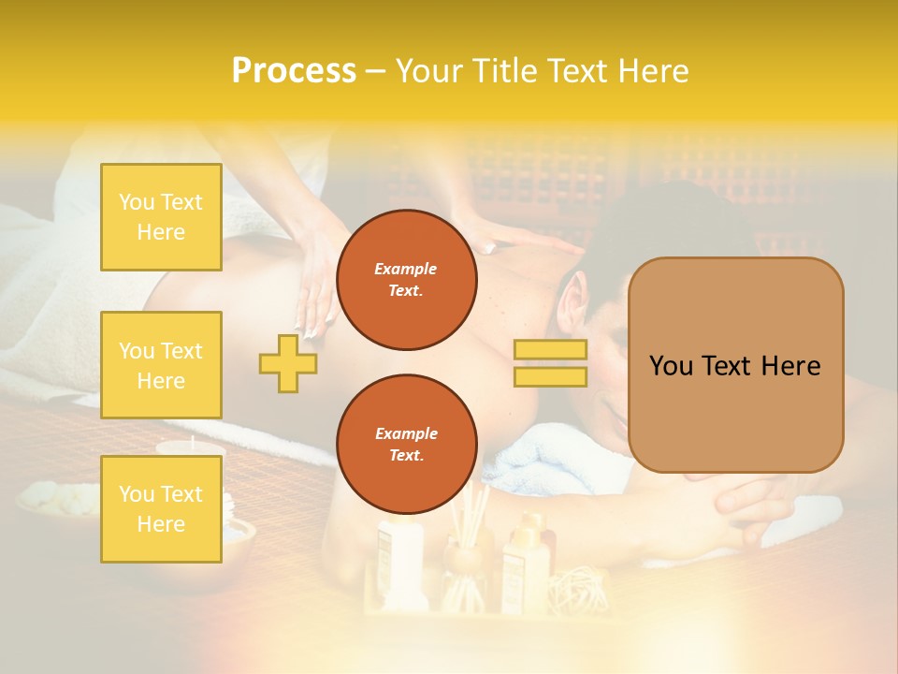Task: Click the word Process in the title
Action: [294, 71]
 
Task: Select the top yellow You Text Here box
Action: [161, 217]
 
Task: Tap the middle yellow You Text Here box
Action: [161, 365]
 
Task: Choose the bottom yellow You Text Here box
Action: [161, 508]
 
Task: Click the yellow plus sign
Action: [287, 363]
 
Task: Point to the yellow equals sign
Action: [550, 363]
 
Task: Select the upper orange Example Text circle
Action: [406, 280]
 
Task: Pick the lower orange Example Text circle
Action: [406, 444]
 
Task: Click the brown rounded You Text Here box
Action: [735, 365]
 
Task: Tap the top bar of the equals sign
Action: [550, 350]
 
